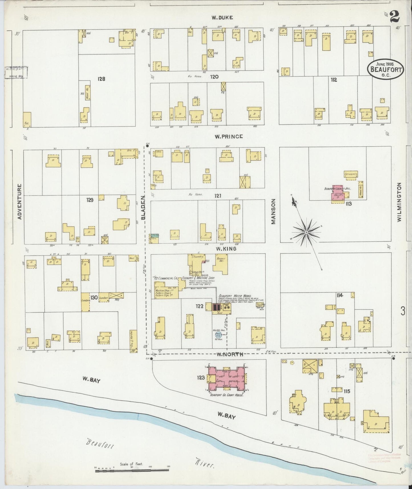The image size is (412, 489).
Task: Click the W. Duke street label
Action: pos(222,17)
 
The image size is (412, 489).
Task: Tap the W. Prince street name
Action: pos(229,136)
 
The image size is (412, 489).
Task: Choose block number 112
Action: pos(334,80)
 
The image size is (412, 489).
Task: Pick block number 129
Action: pos(90,200)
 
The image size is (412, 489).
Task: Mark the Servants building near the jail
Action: pos(351,175)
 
